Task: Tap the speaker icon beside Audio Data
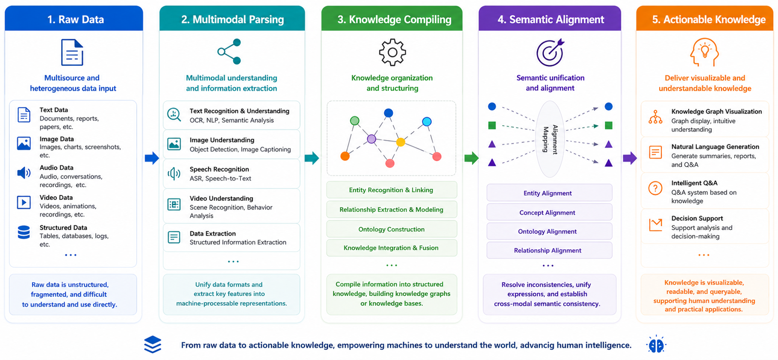coord(24,173)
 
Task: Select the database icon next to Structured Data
coord(24,232)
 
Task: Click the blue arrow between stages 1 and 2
coord(152,158)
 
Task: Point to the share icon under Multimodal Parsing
coord(229,52)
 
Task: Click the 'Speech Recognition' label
coord(219,169)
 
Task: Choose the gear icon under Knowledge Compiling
coord(392,52)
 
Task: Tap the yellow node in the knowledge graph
coord(401,142)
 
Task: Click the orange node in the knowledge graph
coord(345,156)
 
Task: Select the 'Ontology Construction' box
coord(392,229)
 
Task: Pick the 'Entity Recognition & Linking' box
coord(392,190)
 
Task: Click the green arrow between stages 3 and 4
coord(472,158)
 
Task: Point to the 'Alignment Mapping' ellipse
coord(550,139)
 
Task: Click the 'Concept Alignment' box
coord(549,212)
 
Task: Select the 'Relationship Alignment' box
coord(549,250)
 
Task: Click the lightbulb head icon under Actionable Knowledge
coord(704,52)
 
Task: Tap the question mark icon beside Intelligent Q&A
coord(655,188)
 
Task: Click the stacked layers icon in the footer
coord(153,345)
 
